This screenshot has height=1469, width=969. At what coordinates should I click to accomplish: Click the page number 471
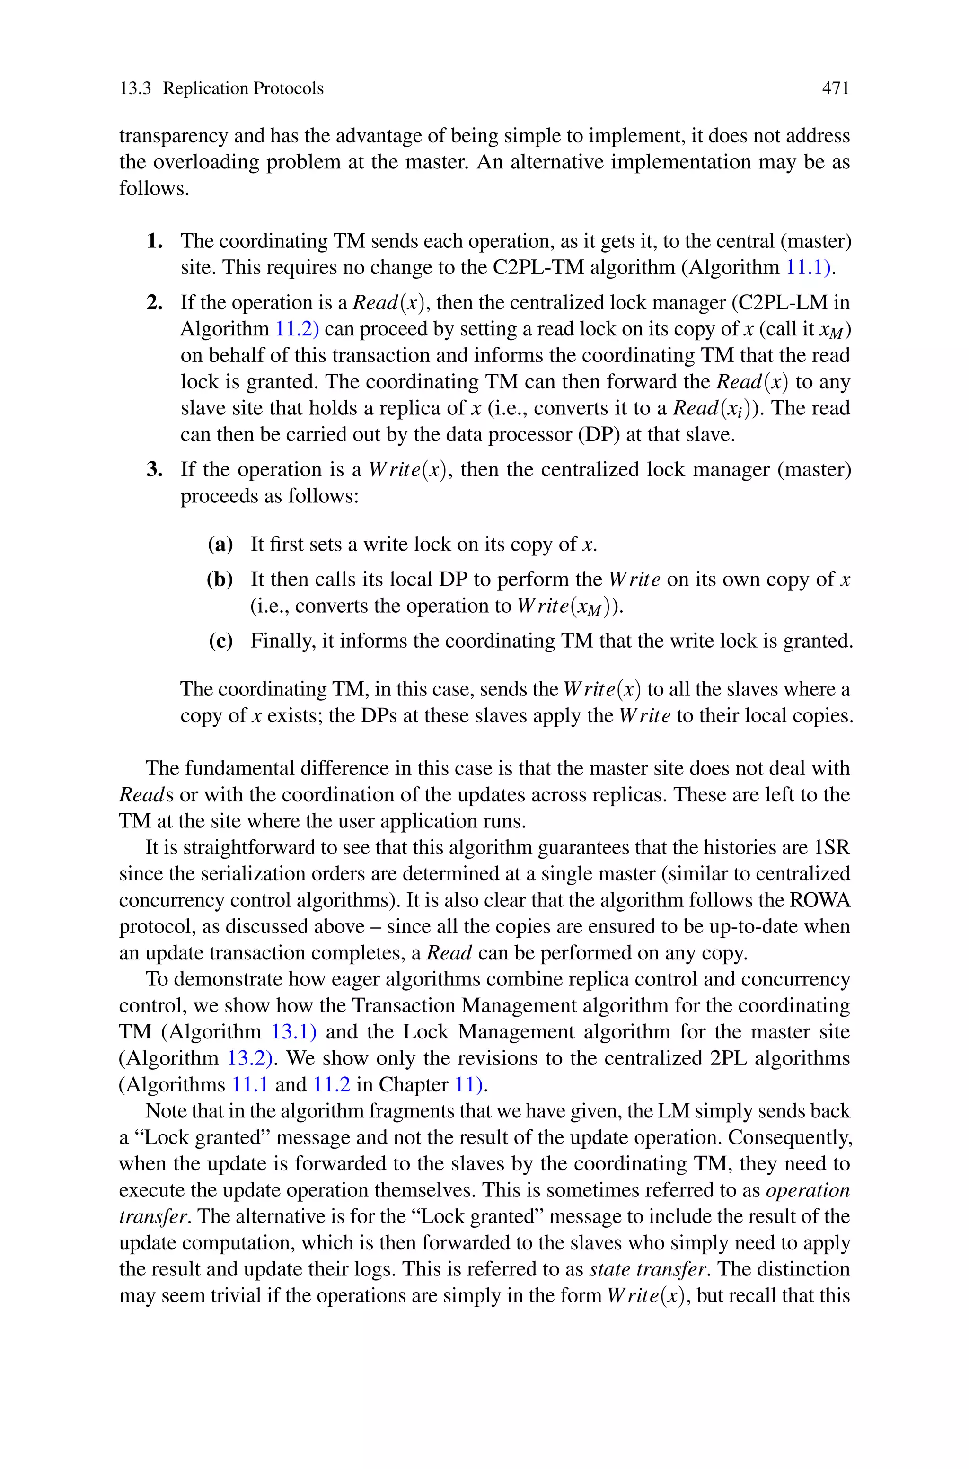[836, 89]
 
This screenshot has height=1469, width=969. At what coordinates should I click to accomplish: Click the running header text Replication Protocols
[243, 89]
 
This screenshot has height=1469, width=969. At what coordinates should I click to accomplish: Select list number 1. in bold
[155, 241]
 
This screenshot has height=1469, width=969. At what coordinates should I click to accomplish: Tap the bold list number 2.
[155, 303]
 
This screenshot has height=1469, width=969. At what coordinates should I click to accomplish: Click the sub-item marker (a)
[220, 544]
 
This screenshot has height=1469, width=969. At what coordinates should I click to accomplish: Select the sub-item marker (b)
[220, 580]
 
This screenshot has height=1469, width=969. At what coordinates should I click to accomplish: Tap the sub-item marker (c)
[220, 641]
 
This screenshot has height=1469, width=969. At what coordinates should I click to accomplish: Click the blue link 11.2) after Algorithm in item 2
[297, 329]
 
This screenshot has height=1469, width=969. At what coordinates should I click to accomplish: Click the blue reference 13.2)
[250, 1059]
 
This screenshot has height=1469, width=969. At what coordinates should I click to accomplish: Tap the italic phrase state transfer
[647, 1269]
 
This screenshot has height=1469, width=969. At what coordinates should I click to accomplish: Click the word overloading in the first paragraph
[206, 162]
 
